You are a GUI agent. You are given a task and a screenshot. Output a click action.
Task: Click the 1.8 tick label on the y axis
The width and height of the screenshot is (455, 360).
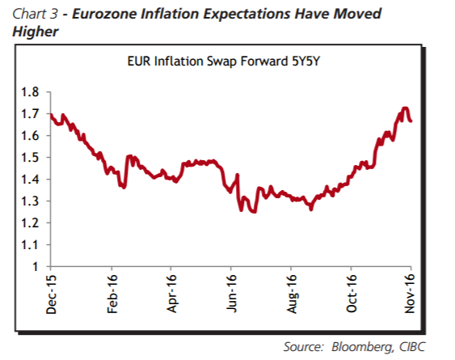click(x=30, y=92)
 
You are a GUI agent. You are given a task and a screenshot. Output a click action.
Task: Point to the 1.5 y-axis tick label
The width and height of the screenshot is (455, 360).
click(x=30, y=158)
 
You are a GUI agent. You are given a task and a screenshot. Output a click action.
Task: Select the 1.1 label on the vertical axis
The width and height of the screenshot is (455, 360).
click(x=30, y=245)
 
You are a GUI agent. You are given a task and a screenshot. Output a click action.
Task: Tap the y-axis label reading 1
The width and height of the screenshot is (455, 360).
click(x=36, y=267)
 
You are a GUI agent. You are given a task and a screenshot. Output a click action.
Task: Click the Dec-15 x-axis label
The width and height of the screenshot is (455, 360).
click(x=51, y=294)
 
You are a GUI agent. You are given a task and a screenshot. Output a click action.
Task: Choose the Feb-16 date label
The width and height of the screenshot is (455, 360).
click(x=112, y=294)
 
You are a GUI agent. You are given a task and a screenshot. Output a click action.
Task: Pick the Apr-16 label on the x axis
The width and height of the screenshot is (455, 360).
click(x=172, y=294)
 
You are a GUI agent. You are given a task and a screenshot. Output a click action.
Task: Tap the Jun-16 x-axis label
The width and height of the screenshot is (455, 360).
click(x=232, y=294)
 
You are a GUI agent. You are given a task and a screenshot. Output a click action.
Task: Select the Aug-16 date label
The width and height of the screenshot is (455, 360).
click(x=292, y=294)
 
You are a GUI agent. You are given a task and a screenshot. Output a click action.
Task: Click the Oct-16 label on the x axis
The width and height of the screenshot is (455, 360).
click(x=352, y=294)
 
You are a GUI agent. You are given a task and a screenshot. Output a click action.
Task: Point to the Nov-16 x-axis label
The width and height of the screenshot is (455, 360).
click(x=410, y=294)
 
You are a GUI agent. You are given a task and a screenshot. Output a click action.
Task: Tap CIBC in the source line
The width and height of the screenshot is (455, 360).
click(x=413, y=346)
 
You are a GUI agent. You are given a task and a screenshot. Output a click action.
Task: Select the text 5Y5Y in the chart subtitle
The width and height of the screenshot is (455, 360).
click(x=305, y=61)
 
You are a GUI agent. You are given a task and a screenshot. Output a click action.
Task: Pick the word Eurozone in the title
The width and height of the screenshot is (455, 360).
click(x=104, y=14)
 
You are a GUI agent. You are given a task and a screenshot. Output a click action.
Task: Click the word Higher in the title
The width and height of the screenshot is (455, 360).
click(x=36, y=32)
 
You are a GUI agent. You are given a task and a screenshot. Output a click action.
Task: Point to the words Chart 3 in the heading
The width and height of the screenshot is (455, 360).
click(x=35, y=14)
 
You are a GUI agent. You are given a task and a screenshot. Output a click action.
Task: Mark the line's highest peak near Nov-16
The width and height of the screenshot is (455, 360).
click(x=405, y=108)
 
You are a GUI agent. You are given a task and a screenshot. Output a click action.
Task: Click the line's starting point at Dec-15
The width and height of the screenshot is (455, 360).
click(x=51, y=115)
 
